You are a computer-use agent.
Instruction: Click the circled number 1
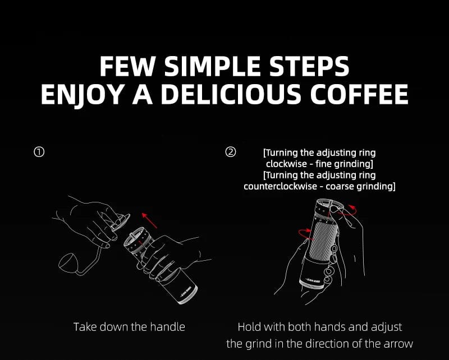pos(39,152)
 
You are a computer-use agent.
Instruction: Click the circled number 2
pos(231,152)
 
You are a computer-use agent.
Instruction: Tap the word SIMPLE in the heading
pos(215,66)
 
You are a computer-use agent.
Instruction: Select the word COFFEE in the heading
pos(359,94)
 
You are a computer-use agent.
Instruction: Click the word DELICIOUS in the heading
pos(231,94)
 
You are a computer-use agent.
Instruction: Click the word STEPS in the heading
pos(310,66)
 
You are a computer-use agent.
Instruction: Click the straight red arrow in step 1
pos(149,220)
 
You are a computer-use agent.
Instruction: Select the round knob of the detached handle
pos(68,262)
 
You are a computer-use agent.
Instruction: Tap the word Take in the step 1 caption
pos(85,326)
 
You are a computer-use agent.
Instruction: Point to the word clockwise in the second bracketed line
pos(286,164)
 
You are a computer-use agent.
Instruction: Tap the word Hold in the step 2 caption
pos(248,327)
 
